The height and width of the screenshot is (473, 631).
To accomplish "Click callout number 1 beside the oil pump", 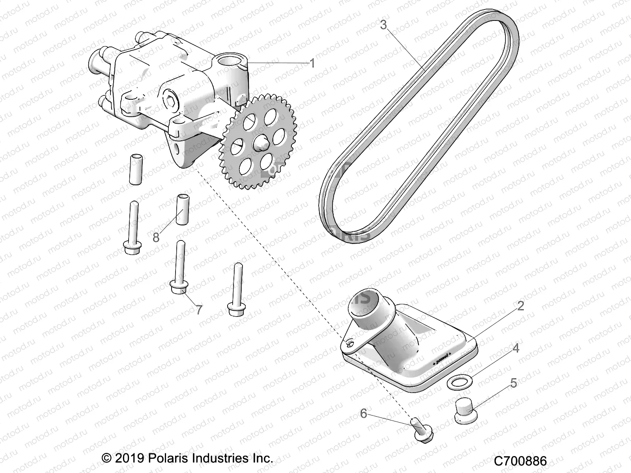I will coord(312,63).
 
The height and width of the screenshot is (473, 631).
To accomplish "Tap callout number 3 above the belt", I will coord(384,25).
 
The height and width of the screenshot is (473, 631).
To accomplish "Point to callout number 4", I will coord(515,348).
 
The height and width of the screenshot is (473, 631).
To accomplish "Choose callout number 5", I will coord(513,383).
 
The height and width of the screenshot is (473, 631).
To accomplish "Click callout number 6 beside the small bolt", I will coord(364,413).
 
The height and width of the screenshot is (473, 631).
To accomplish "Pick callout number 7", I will coord(199,310).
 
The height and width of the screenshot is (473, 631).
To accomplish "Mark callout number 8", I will coord(156,238).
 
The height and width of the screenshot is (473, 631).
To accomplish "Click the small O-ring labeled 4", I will coord(457,382).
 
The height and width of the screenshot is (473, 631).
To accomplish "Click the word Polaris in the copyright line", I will coord(169,458).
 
